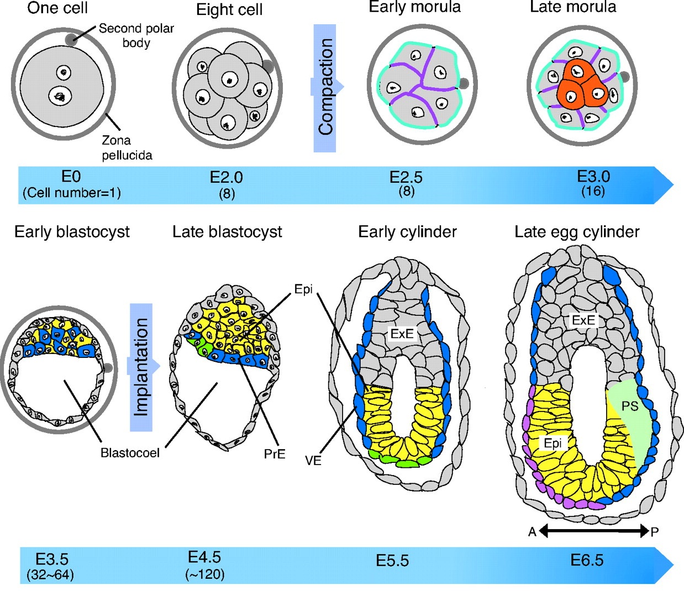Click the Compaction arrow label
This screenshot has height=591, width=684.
click(325, 87)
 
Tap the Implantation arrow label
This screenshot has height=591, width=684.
click(142, 367)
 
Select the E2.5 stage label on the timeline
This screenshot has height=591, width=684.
click(406, 177)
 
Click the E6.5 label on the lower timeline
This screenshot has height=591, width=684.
click(587, 561)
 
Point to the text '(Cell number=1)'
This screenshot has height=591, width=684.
click(72, 193)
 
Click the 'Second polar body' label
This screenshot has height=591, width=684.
click(136, 35)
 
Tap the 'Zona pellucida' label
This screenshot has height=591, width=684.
click(127, 147)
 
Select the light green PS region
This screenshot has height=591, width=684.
click(630, 420)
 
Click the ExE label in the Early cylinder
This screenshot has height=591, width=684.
click(402, 334)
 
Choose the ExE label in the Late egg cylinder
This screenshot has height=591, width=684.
click(583, 320)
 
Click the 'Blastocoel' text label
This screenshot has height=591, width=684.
click(130, 453)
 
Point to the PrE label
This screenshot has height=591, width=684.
click(275, 454)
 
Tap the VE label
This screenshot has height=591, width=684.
click(313, 460)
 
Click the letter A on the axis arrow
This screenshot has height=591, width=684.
click(532, 532)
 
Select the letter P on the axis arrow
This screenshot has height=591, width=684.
click(655, 532)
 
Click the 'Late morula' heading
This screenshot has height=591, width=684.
click(573, 7)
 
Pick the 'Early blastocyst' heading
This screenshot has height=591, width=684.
click(72, 231)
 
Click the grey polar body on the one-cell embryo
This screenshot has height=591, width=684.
click(70, 39)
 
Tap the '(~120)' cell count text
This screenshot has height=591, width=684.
click(205, 574)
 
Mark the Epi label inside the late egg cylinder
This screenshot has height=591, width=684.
click(553, 443)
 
